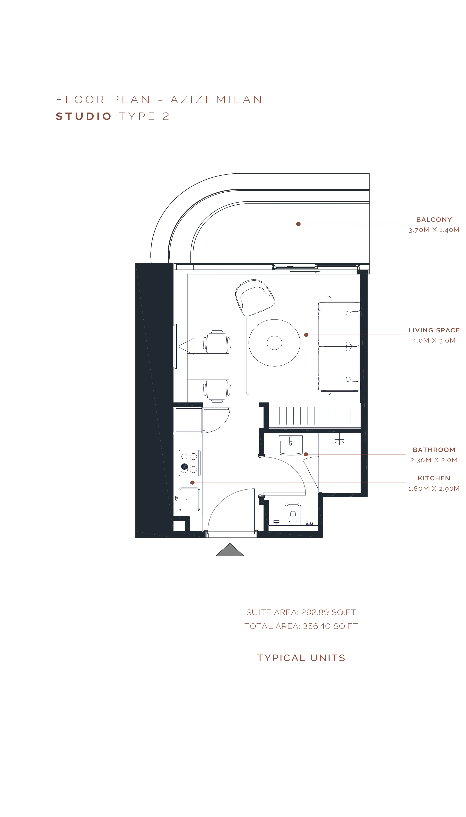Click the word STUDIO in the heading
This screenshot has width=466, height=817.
point(84,116)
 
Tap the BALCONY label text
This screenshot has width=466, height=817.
point(434,220)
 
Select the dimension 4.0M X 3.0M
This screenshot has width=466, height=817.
point(434,341)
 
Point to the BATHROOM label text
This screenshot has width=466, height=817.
point(434,450)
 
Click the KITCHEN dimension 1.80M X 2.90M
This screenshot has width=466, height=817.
point(434,489)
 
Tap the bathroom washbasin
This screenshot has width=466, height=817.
point(291,445)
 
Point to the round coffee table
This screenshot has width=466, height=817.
point(274,343)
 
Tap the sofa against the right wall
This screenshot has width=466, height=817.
point(339,346)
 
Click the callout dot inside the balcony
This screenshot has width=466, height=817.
point(298,224)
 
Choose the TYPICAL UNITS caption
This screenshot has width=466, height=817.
point(301,658)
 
